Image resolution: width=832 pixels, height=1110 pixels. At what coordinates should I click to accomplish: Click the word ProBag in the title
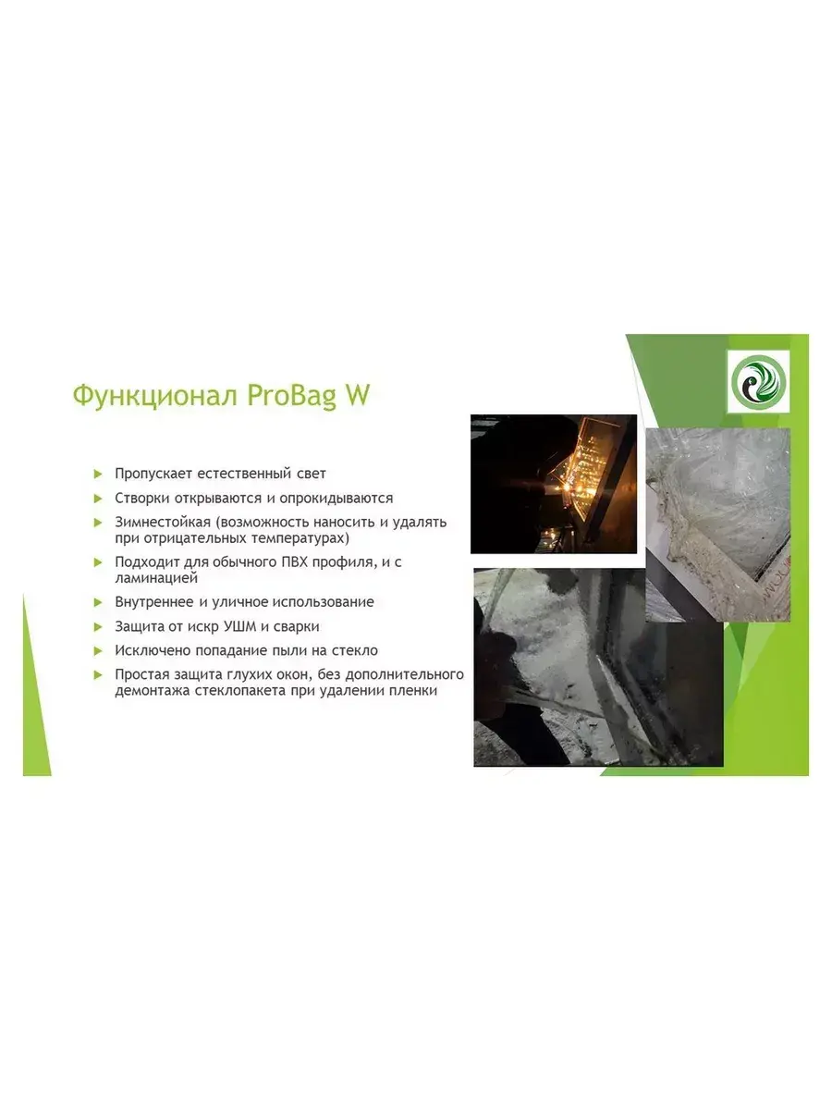pos(290,396)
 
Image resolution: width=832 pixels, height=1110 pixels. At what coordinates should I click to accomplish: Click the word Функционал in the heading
pos(155,395)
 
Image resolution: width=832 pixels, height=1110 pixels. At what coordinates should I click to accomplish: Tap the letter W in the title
pos(357,394)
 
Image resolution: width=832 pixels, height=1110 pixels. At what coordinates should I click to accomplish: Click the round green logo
pos(758,382)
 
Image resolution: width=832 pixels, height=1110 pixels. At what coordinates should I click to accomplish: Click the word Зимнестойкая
pos(162,522)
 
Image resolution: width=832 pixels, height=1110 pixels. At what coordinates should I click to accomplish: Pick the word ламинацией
pos(155,578)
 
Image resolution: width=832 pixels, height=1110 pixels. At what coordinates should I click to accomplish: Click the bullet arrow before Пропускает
pos(98,474)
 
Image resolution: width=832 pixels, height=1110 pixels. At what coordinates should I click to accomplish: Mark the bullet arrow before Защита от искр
pos(98,627)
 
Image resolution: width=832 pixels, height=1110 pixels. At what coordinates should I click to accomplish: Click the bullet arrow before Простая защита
pos(98,674)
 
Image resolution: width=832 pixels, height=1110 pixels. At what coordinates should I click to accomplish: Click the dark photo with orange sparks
pos(553,484)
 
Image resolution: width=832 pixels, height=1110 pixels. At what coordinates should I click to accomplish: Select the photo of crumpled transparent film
pos(718,524)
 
